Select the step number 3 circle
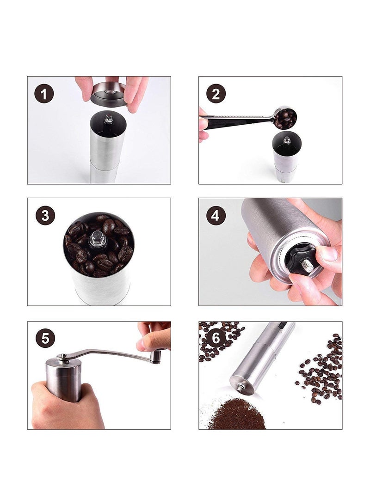point(45,215)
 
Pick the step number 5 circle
point(45,339)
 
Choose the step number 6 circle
point(216,338)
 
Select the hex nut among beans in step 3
point(96,238)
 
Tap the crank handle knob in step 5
point(157,357)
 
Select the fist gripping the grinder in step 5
point(64,406)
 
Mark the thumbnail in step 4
point(328,254)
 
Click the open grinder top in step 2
point(287,141)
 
